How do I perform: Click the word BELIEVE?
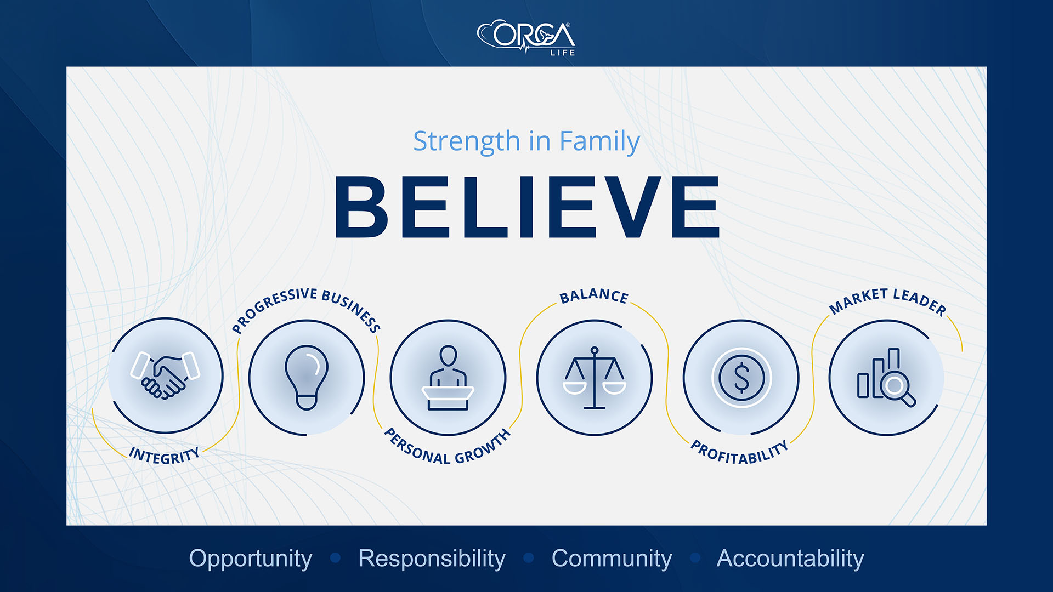526,207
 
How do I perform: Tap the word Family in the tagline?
599,141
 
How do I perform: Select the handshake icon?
165,375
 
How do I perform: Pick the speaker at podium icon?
448,378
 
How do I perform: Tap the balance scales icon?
595,378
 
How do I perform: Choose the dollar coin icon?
741,378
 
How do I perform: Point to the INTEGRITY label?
164,456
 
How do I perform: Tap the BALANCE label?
594,296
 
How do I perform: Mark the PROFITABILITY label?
739,453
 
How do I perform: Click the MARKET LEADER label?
887,300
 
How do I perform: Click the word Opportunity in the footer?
251,559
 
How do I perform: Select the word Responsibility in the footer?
432,559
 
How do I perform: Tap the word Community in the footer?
612,559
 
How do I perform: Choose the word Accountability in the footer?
790,559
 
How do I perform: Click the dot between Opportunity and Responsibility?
336,558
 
